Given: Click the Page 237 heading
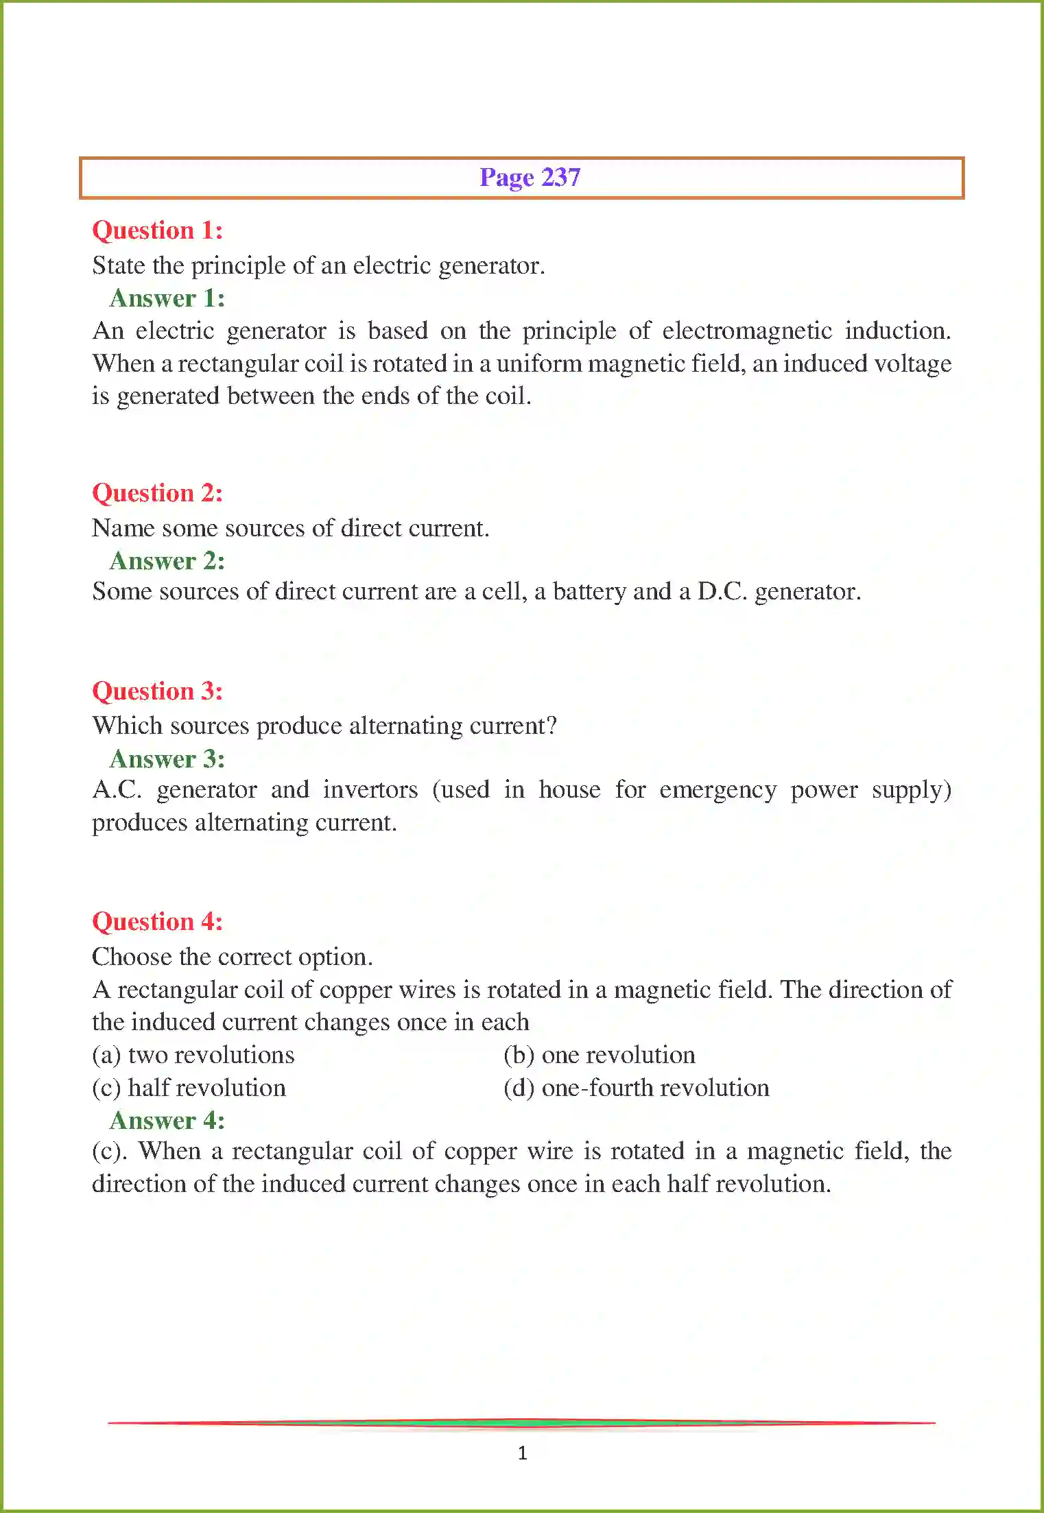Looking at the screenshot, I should tap(530, 178).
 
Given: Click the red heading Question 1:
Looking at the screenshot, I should tap(157, 230).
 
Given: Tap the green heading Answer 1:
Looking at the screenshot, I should tap(167, 298).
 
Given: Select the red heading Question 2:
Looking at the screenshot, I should tap(157, 493).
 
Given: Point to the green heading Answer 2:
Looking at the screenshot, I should tap(167, 561).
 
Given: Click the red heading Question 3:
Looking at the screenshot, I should tap(157, 691).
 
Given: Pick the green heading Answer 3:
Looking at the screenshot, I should tap(167, 759).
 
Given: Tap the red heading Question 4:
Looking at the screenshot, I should tap(157, 922).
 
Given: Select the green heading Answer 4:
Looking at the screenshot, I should tap(167, 1121).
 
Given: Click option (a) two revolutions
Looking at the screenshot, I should tap(193, 1055).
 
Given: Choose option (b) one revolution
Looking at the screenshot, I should tap(599, 1055).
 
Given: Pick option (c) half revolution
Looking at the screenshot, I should tap(189, 1088).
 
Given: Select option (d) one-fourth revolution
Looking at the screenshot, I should tap(636, 1088).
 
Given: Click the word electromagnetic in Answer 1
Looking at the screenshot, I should tap(746, 331).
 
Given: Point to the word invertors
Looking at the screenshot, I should tap(370, 789).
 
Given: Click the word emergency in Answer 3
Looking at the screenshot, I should tap(717, 790).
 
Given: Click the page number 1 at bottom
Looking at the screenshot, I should tap(523, 1453).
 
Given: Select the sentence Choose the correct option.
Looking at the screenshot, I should tap(232, 957).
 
